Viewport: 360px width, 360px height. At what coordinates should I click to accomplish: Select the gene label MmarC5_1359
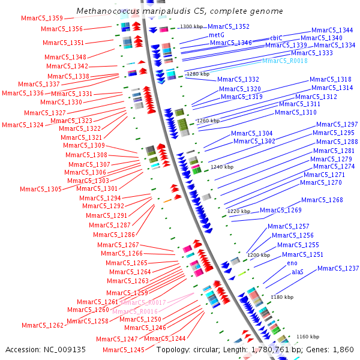click(41, 19)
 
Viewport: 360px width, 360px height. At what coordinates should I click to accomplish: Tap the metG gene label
click(217, 35)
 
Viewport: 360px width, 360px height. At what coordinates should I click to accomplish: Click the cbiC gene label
click(276, 38)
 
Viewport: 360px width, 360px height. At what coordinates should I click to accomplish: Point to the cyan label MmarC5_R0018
click(285, 61)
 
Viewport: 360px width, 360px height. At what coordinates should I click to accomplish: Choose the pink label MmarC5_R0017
click(143, 303)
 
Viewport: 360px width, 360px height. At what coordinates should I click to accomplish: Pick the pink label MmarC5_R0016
click(135, 311)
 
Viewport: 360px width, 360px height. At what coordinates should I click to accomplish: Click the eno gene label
click(292, 263)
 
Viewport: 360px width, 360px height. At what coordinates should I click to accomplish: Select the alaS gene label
click(298, 272)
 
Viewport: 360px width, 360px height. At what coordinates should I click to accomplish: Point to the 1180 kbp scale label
click(282, 297)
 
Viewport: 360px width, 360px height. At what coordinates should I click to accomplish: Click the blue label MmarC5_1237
click(338, 268)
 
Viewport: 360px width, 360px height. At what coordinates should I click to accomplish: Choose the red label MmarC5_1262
click(43, 325)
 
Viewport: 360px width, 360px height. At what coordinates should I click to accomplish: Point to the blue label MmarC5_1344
click(332, 30)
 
